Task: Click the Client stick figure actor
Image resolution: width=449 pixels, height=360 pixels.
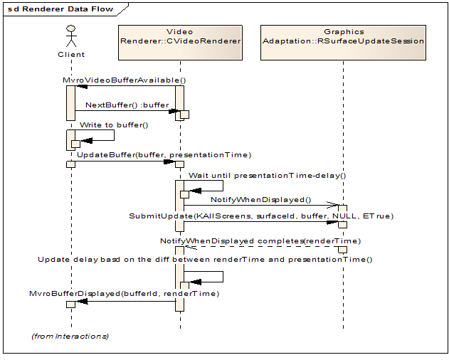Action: pyautogui.click(x=70, y=36)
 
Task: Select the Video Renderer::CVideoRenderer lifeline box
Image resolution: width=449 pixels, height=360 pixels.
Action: pyautogui.click(x=179, y=36)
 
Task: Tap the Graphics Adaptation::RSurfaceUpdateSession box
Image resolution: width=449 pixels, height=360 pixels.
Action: pyautogui.click(x=343, y=36)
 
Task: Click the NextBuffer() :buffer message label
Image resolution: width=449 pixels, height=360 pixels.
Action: pyautogui.click(x=127, y=105)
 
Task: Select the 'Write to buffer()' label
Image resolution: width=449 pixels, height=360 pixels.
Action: pyautogui.click(x=114, y=125)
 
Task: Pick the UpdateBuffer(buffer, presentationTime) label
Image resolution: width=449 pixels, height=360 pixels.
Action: pyautogui.click(x=164, y=154)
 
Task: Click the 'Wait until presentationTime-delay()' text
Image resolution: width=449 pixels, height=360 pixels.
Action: pyautogui.click(x=267, y=174)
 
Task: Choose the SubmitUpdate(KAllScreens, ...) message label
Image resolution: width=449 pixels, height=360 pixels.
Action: pyautogui.click(x=260, y=216)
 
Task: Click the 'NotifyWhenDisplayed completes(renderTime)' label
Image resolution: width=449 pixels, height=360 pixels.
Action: pyautogui.click(x=260, y=240)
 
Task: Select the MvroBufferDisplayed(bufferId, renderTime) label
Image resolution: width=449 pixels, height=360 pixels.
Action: pyautogui.click(x=124, y=292)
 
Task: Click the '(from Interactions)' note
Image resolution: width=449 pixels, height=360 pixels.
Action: pyautogui.click(x=70, y=335)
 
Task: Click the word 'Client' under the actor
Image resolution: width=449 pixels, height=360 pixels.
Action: pyautogui.click(x=70, y=54)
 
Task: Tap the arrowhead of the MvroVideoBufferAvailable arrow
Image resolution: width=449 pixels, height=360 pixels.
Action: pyautogui.click(x=82, y=86)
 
